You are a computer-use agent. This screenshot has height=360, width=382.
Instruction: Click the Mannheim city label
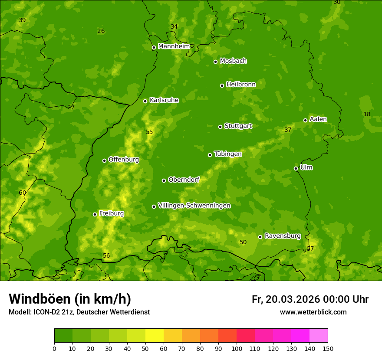click(174, 46)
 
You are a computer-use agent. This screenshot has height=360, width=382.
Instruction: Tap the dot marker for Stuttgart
click(220, 127)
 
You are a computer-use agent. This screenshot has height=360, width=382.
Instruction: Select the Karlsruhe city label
click(164, 100)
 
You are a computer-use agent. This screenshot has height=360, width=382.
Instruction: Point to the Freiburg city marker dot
click(95, 214)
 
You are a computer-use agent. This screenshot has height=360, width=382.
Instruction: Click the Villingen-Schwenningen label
click(194, 205)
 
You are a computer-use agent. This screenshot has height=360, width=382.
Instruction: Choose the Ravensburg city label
click(282, 236)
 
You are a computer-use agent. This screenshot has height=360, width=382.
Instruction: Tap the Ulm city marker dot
click(296, 168)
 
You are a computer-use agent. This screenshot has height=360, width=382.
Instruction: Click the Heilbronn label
click(241, 84)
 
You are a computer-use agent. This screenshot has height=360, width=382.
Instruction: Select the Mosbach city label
click(233, 61)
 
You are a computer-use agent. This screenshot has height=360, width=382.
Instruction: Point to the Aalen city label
click(318, 119)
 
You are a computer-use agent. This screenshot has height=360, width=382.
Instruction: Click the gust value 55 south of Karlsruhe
click(149, 132)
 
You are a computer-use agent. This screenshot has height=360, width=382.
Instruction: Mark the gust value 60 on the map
click(23, 193)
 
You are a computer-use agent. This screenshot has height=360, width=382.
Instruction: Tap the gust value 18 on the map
click(367, 114)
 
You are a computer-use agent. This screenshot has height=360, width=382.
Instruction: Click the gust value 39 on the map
click(22, 20)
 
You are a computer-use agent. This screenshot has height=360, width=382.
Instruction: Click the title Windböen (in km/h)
click(70, 299)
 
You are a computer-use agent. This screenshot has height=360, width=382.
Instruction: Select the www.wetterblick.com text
click(313, 312)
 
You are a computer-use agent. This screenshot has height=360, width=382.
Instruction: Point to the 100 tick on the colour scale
click(237, 348)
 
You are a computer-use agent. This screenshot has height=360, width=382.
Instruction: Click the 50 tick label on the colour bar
click(145, 348)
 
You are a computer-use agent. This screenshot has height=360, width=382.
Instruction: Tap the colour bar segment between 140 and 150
click(319, 336)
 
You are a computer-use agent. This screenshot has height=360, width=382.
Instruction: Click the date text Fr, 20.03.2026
click(286, 299)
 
